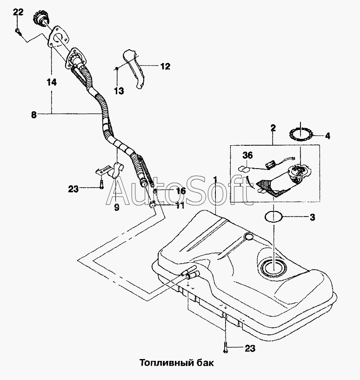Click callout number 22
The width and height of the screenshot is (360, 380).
18,12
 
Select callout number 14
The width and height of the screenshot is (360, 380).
52,82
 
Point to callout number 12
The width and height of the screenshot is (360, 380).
166,66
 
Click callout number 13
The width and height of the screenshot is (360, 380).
119,91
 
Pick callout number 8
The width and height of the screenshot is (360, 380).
34,115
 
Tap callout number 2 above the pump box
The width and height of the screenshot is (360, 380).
273,128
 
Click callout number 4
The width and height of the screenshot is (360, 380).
327,136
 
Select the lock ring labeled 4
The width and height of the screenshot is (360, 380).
300,135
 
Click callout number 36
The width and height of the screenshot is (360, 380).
247,155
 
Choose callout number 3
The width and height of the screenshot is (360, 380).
313,217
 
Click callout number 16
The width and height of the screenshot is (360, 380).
180,191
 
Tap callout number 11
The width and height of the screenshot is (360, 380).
180,205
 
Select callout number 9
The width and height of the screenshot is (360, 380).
117,207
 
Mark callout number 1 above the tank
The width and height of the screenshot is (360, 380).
215,180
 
